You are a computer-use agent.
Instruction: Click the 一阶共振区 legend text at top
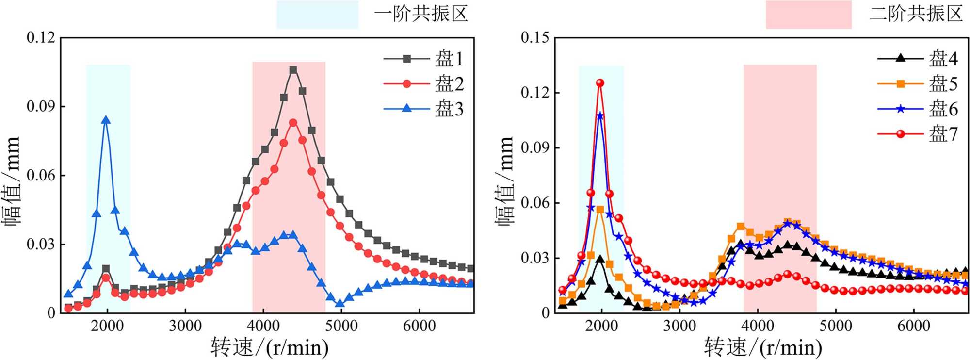[x=420, y=14]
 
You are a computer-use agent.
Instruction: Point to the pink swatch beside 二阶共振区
[x=808, y=15]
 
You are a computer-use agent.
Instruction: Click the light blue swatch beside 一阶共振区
[x=317, y=15]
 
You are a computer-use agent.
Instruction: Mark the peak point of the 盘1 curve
[x=293, y=70]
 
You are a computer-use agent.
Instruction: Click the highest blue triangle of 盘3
[x=106, y=121]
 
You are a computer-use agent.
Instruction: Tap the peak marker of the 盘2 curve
[x=293, y=123]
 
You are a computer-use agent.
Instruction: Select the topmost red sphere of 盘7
[x=600, y=83]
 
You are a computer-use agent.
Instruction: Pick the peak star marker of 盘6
[x=600, y=116]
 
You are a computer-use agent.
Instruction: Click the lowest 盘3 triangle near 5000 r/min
[x=340, y=304]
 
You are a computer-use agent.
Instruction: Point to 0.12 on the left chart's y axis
[x=41, y=37]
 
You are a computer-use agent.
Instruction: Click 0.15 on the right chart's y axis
[x=535, y=37]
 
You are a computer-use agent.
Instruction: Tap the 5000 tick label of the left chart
[x=341, y=326]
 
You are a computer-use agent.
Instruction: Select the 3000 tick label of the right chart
[x=679, y=326]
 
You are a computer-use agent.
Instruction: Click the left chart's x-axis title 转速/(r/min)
[x=270, y=347]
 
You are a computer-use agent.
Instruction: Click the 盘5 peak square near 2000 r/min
[x=600, y=210]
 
